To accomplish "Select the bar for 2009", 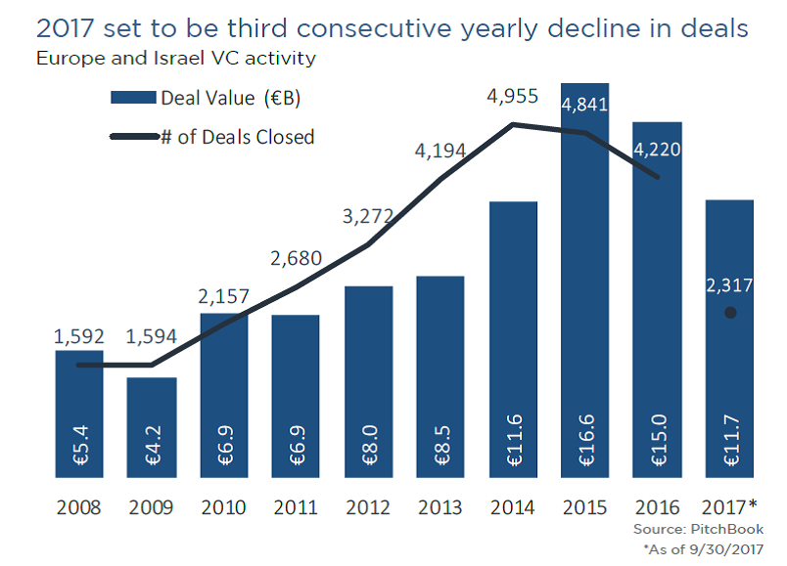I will [x=152, y=430].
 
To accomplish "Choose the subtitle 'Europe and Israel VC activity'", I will [x=175, y=58].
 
